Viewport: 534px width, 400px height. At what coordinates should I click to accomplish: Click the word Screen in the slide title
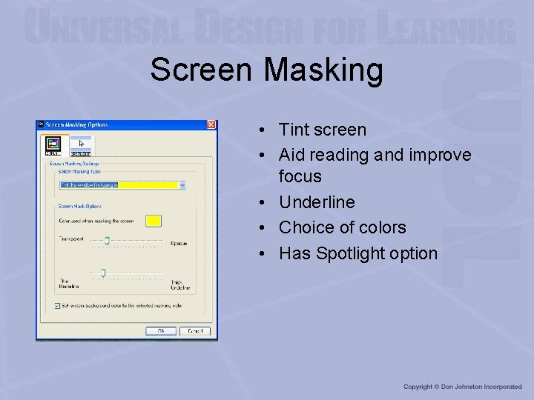pyautogui.click(x=202, y=70)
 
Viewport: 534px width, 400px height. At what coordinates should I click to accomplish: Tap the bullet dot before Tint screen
pyautogui.click(x=264, y=130)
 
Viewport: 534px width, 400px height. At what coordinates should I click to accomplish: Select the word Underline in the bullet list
pyautogui.click(x=317, y=202)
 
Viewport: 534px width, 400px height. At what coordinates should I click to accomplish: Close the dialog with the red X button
pyautogui.click(x=211, y=124)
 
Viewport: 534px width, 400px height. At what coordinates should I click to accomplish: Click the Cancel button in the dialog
pyautogui.click(x=195, y=331)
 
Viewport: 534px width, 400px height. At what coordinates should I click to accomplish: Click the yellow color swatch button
pyautogui.click(x=154, y=221)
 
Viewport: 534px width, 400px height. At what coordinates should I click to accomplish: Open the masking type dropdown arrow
pyautogui.click(x=182, y=185)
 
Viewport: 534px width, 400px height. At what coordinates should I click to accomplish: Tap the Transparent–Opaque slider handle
pyautogui.click(x=107, y=240)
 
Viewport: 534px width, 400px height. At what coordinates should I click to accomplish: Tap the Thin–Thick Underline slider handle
pyautogui.click(x=103, y=273)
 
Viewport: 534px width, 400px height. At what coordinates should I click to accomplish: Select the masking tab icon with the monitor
pyautogui.click(x=53, y=145)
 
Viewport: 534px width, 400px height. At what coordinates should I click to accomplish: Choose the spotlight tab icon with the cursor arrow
pyautogui.click(x=81, y=145)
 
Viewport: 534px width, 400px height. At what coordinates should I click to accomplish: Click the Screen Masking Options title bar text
pyautogui.click(x=77, y=124)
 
